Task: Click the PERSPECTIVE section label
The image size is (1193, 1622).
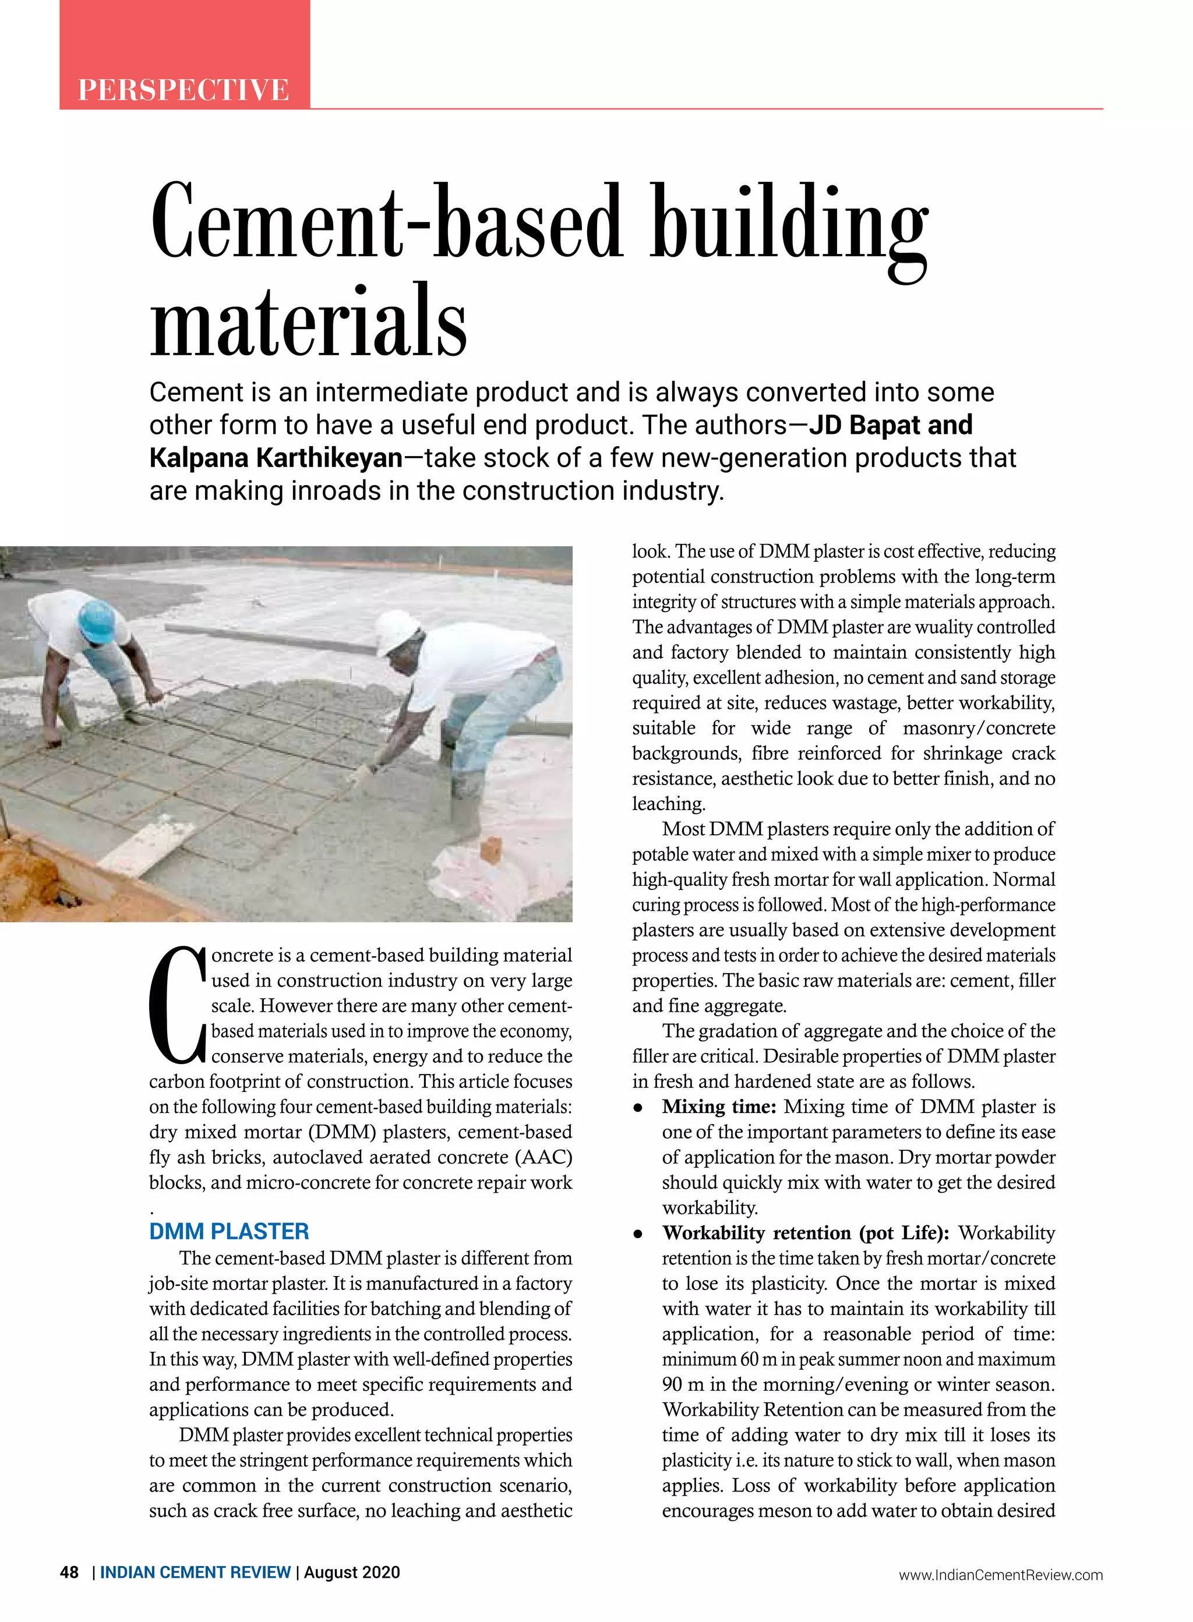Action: [183, 90]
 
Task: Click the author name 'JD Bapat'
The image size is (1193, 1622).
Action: [864, 425]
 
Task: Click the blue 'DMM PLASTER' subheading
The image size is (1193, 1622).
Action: [229, 1231]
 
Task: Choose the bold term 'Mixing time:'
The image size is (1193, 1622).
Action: [719, 1107]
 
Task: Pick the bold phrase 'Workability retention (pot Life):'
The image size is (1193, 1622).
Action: [805, 1233]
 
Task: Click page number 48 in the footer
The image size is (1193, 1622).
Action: [69, 1572]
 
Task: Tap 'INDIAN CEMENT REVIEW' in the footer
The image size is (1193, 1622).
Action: [195, 1572]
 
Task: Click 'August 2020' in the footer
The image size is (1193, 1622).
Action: [352, 1572]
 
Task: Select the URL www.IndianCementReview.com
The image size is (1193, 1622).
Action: [1000, 1575]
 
